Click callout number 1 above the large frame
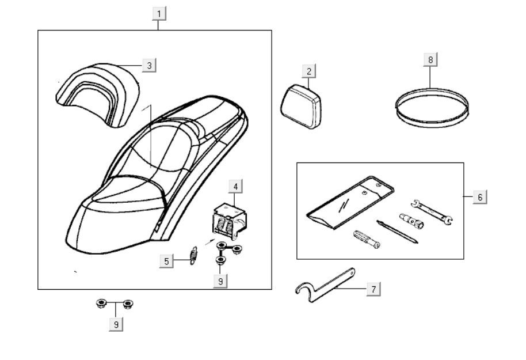159,13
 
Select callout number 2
309,71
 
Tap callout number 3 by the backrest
149,65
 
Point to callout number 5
167,261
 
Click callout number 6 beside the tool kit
479,197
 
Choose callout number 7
373,289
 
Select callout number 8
430,59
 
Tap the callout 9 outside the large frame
116,324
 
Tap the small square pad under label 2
302,104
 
